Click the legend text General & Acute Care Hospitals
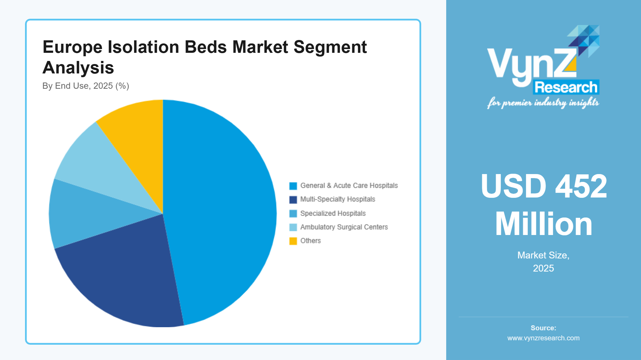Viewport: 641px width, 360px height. click(x=349, y=186)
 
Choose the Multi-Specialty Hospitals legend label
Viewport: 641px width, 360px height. click(x=337, y=199)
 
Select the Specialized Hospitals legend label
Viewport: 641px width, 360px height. click(x=333, y=213)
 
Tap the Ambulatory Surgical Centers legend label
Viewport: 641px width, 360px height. click(x=344, y=227)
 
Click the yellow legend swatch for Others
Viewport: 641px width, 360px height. click(x=293, y=241)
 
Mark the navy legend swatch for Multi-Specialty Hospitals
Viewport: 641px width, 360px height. click(x=293, y=199)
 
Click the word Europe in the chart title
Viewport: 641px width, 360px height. click(x=72, y=47)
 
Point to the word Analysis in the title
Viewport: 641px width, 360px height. click(x=78, y=68)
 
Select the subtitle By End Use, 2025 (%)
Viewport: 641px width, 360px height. click(x=86, y=86)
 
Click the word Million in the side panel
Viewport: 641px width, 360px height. click(x=543, y=224)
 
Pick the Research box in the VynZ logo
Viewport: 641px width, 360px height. click(x=566, y=87)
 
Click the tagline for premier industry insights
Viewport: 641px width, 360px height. click(x=543, y=103)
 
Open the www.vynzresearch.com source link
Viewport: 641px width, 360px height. click(x=543, y=338)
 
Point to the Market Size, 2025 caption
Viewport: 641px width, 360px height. click(x=543, y=262)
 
